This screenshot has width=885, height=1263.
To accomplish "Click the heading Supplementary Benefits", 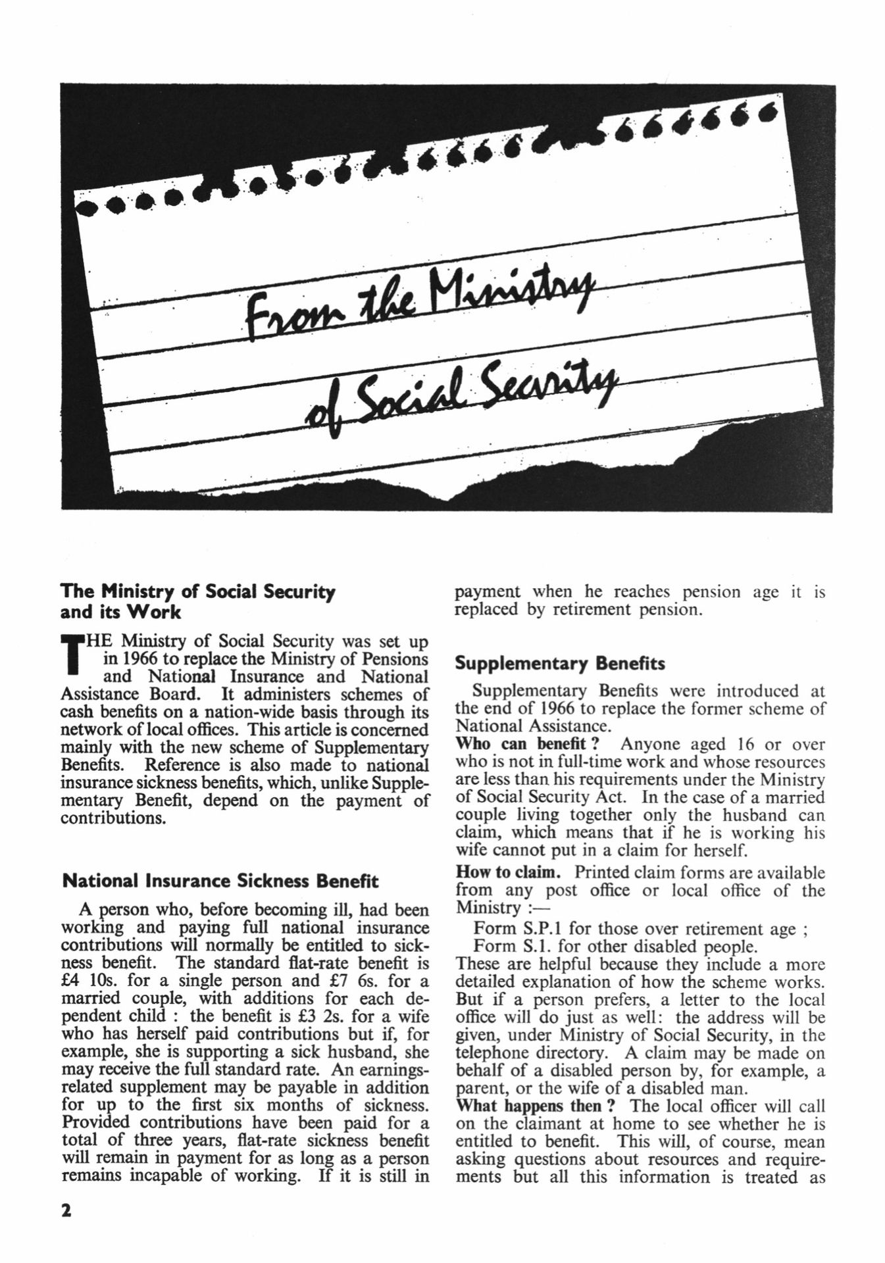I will tap(560, 663).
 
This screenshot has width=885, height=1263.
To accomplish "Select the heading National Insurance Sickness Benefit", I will tap(220, 881).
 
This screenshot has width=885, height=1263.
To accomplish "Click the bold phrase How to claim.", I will tap(508, 872).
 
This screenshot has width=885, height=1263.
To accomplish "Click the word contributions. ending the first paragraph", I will tap(112, 819).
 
